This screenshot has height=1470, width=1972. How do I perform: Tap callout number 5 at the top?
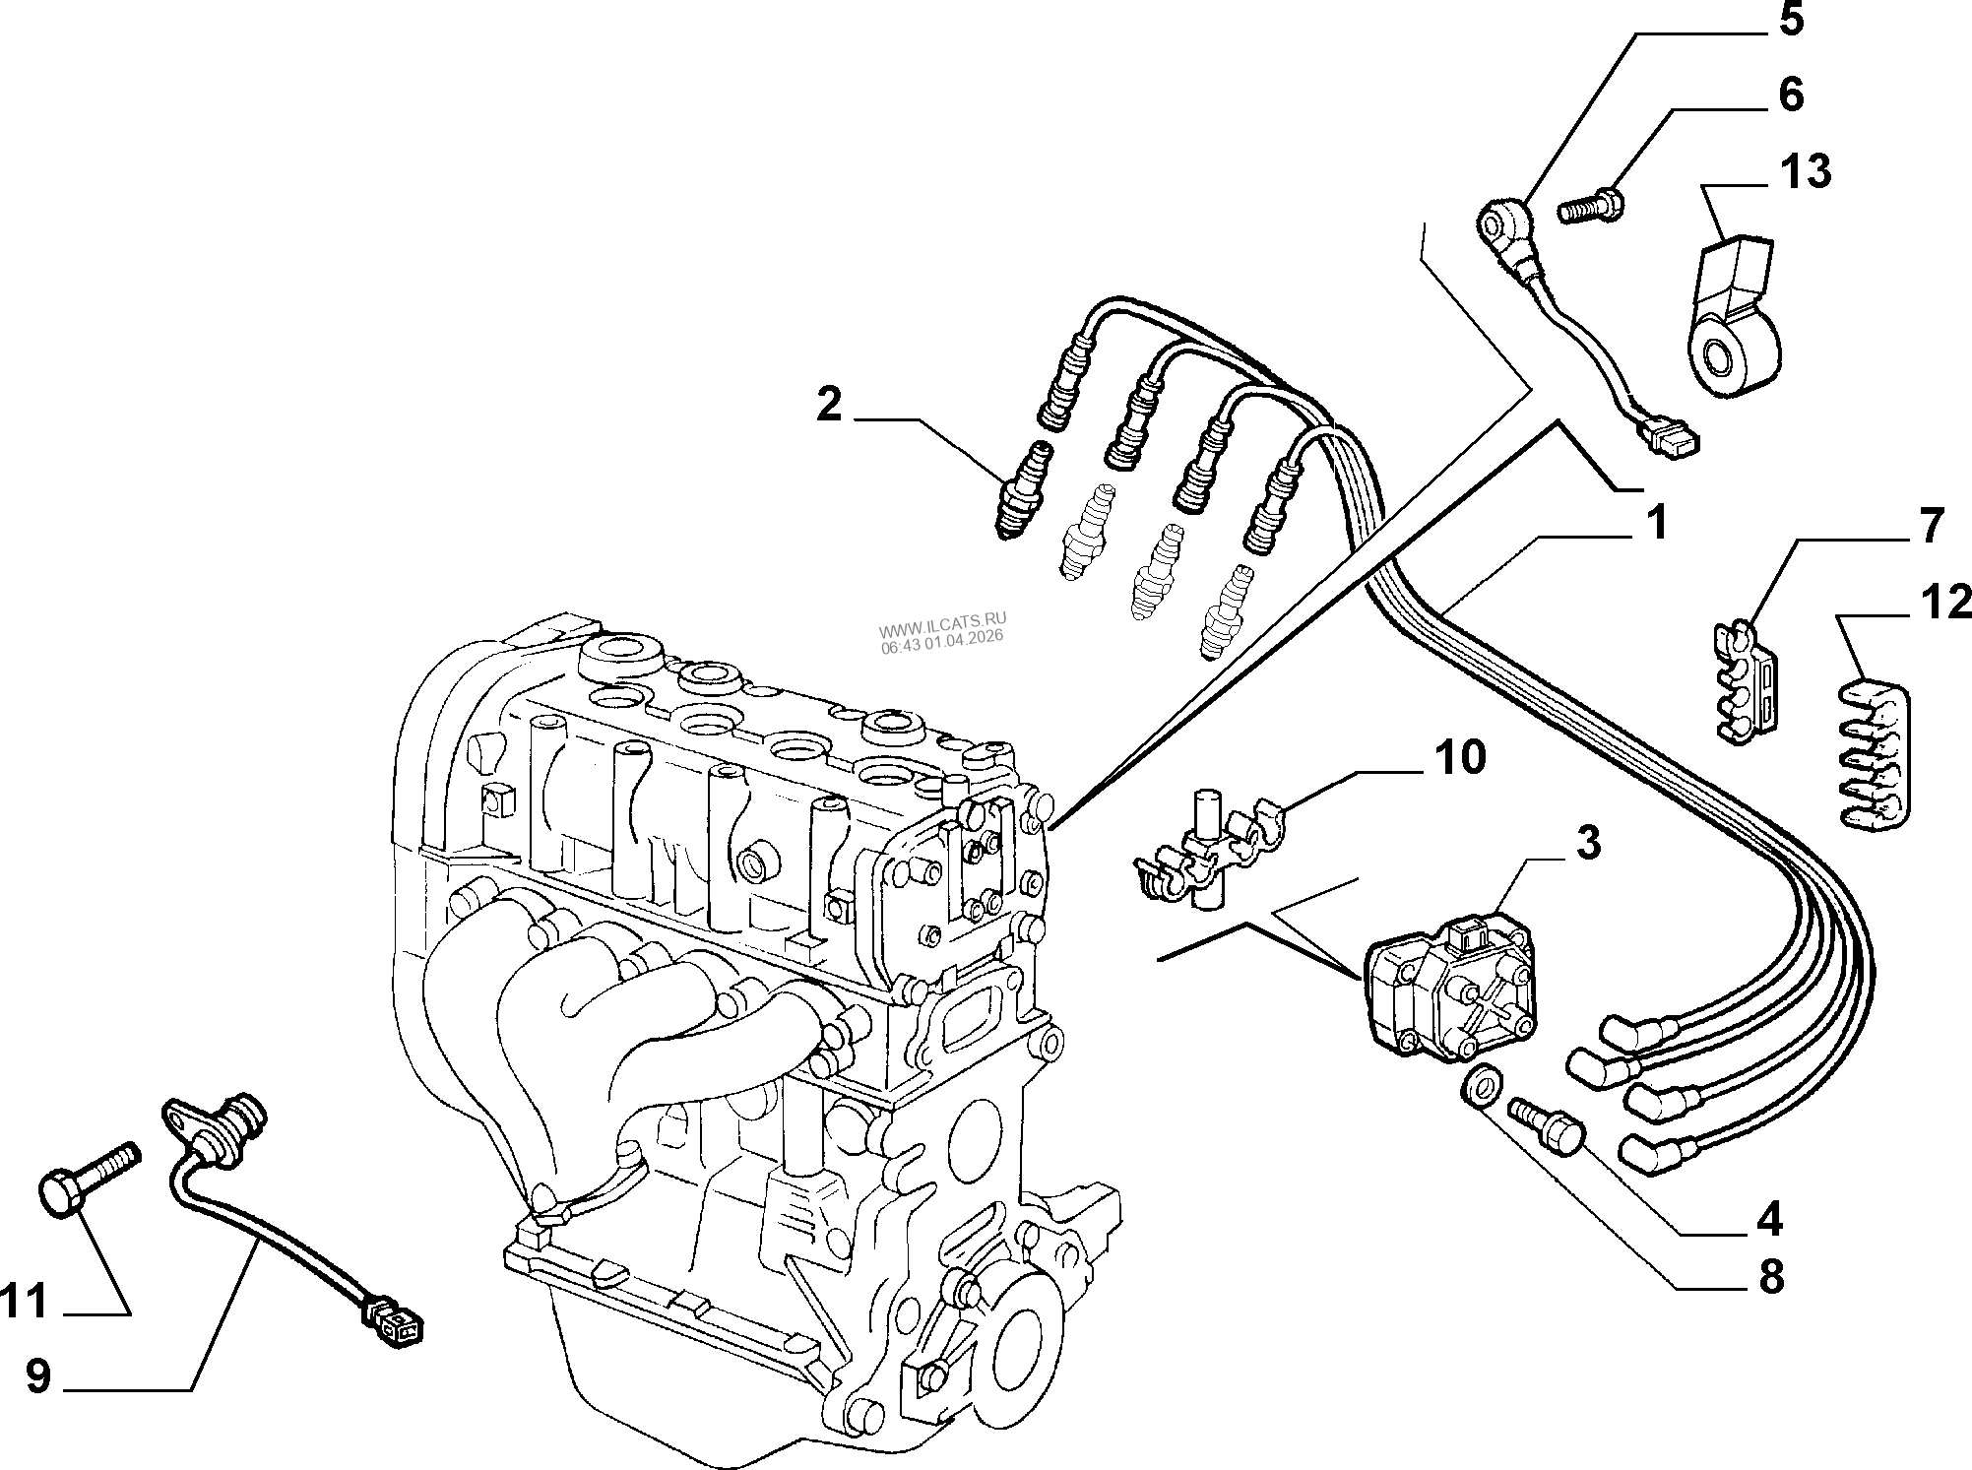pyautogui.click(x=1791, y=20)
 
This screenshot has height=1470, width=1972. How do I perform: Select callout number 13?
pyautogui.click(x=1804, y=171)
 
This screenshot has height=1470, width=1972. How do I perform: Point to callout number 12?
pyautogui.click(x=1945, y=603)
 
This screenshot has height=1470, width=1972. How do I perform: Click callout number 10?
pyautogui.click(x=1461, y=757)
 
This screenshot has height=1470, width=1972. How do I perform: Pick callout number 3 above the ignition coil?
pyautogui.click(x=1587, y=844)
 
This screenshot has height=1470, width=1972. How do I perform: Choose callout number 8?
pyautogui.click(x=1770, y=1277)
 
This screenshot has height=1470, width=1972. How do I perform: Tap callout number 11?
pyautogui.click(x=26, y=1302)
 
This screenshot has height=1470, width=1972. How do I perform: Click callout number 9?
pyautogui.click(x=38, y=1376)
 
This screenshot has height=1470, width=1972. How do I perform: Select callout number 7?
pyautogui.click(x=1931, y=527)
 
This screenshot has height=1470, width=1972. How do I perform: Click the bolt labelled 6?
pyautogui.click(x=1591, y=207)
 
